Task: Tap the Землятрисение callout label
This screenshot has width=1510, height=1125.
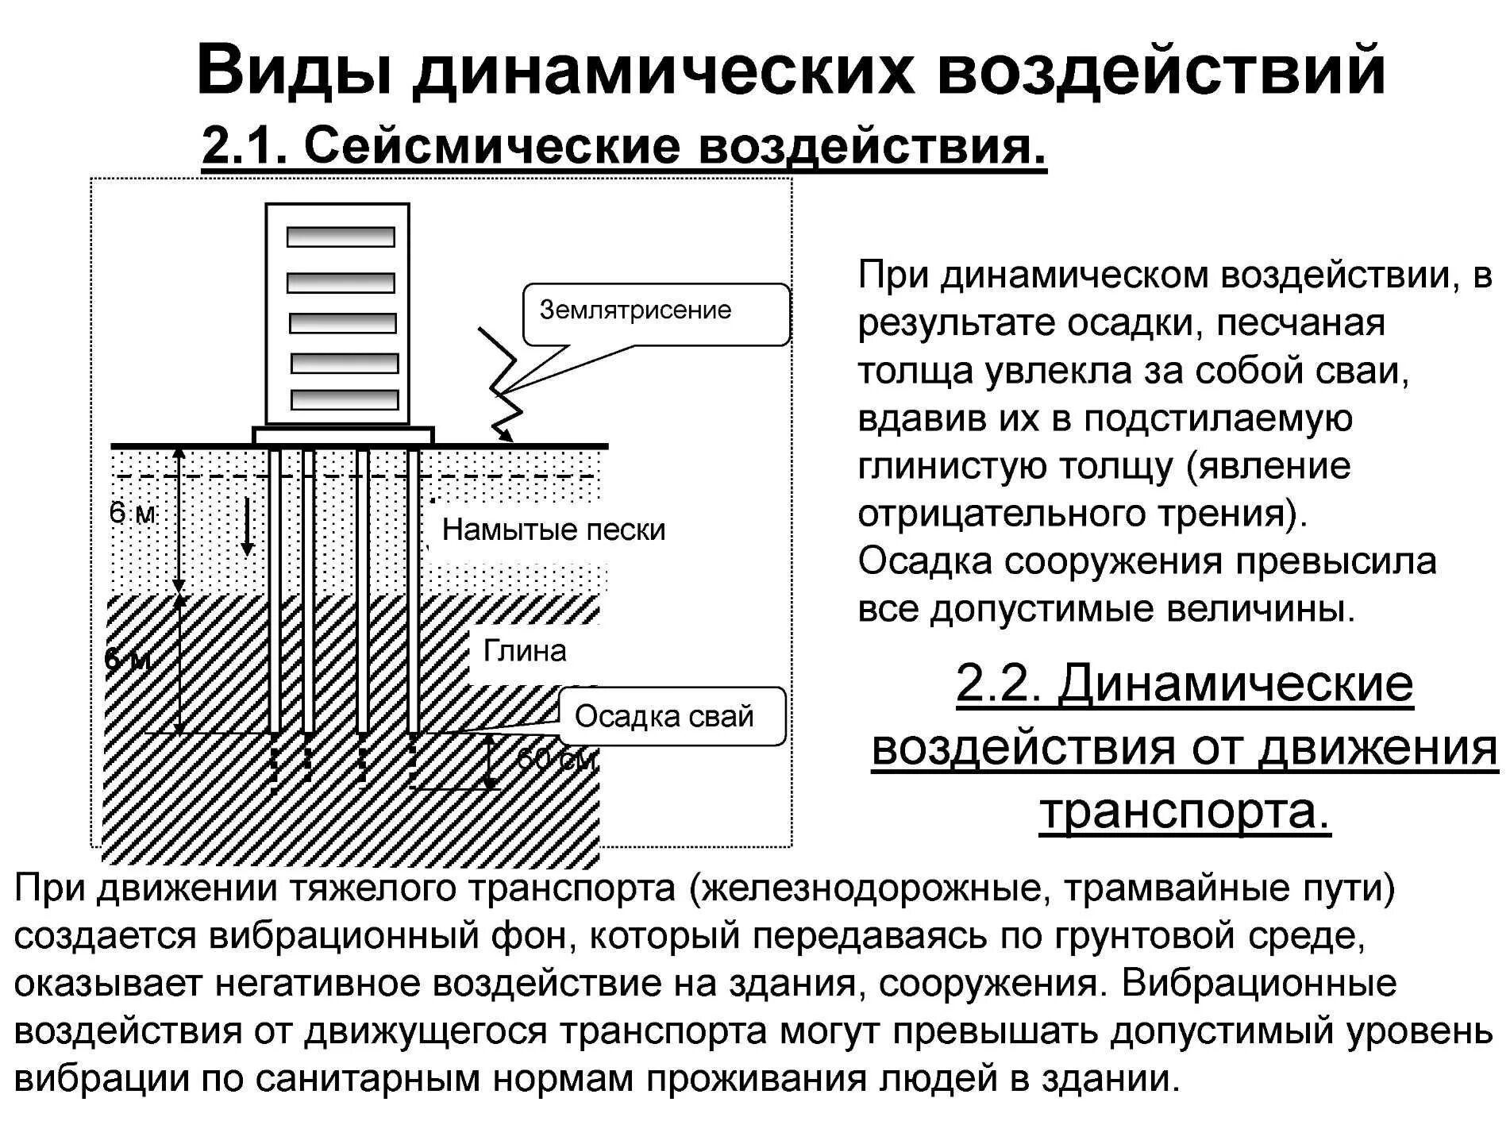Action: coord(635,310)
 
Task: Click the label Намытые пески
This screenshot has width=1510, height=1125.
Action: coord(553,530)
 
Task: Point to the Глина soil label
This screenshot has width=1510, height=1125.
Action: coord(525,651)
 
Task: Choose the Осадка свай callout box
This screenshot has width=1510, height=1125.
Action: coord(664,716)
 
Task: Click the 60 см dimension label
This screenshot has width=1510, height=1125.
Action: coord(556,761)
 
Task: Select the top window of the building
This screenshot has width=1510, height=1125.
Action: coord(341,237)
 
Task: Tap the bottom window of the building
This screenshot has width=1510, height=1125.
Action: coord(345,399)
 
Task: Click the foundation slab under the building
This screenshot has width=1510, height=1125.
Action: coord(343,435)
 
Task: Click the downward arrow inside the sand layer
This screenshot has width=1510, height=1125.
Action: coord(248,527)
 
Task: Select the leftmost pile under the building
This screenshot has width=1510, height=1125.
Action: coord(275,588)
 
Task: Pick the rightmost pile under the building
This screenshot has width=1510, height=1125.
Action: coord(413,588)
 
